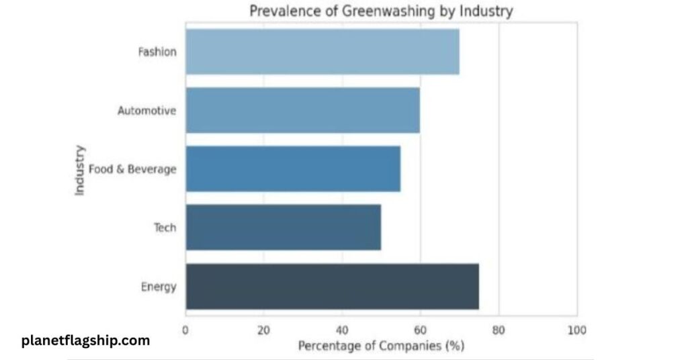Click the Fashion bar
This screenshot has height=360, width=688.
322,51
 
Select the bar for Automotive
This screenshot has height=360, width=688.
302,110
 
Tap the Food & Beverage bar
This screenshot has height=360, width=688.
293,169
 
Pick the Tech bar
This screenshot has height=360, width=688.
283,228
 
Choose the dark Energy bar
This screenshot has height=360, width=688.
332,287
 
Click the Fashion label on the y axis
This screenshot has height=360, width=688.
157,51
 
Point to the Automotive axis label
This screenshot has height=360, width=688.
147,110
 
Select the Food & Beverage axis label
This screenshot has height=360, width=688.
132,169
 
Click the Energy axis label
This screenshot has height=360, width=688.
159,287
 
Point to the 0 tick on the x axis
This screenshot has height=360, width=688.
185,330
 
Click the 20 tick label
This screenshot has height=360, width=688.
263,330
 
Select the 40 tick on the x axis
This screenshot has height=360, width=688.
341,330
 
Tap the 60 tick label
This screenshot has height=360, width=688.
420,330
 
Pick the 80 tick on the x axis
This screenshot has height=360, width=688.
499,330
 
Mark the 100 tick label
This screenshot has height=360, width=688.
576,330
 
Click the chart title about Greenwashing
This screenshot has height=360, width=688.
381,11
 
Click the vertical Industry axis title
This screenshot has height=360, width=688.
80,169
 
